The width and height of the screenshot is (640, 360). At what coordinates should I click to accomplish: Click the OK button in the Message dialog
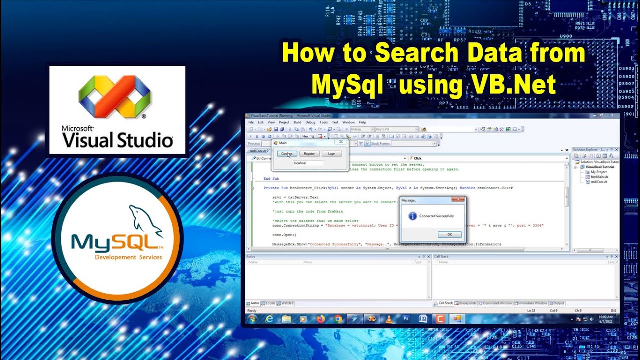(449, 234)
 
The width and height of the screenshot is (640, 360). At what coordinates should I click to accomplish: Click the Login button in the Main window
(331, 154)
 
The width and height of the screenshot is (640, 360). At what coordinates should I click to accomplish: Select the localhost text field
(308, 163)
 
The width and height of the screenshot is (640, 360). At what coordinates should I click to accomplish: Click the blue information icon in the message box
(413, 216)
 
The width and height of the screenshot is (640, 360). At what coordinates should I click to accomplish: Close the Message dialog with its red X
(458, 199)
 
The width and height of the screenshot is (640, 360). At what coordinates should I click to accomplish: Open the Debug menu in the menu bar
(310, 122)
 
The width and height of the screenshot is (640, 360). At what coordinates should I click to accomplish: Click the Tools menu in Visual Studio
(323, 122)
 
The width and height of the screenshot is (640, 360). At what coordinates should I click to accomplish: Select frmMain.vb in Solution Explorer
(599, 177)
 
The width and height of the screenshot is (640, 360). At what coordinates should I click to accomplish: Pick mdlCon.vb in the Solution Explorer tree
(599, 182)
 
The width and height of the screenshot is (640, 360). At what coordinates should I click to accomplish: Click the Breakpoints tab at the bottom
(467, 303)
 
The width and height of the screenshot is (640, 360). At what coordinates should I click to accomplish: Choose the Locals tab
(270, 303)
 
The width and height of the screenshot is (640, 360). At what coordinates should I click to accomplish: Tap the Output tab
(558, 303)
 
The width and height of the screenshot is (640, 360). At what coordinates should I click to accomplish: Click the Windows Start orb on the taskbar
(252, 319)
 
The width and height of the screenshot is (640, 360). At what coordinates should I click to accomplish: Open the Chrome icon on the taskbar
(338, 319)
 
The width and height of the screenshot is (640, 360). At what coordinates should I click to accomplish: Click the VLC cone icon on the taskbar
(389, 319)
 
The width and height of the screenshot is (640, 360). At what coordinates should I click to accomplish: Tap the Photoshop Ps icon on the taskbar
(406, 319)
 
